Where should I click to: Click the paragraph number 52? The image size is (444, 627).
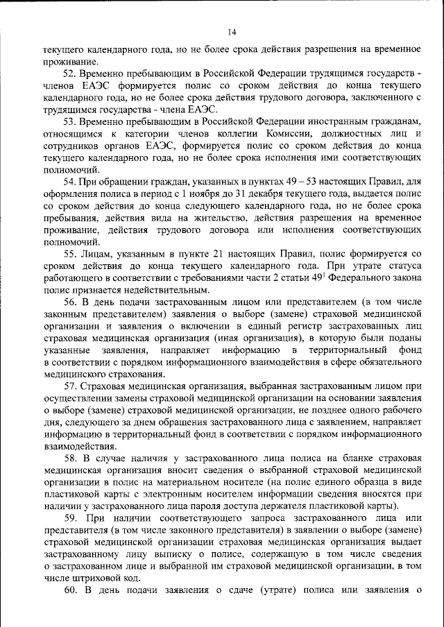69,73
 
